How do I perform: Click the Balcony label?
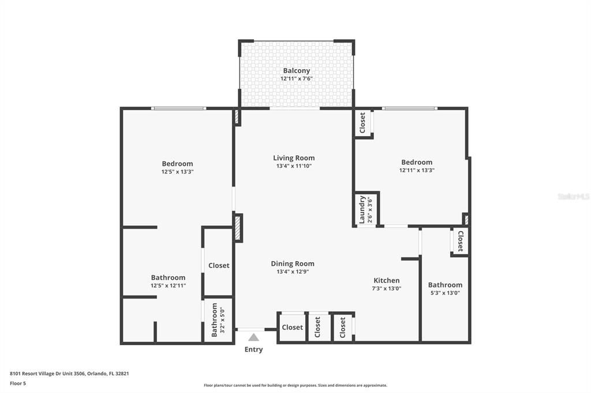[296, 71]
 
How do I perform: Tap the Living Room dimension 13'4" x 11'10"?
[294, 167]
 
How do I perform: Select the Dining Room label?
[293, 264]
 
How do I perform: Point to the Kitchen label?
[386, 281]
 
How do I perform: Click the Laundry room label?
[362, 209]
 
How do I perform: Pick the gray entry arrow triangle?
[253, 337]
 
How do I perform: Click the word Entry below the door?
[253, 349]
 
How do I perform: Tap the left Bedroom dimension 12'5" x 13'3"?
[177, 172]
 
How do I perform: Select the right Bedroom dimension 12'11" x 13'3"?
[417, 171]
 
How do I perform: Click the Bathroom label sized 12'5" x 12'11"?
[168, 278]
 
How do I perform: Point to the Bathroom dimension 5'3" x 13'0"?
[445, 293]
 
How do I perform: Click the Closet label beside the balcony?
[362, 123]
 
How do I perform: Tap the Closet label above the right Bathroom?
[460, 241]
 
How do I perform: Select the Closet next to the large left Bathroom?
[219, 266]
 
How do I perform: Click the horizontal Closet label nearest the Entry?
[292, 327]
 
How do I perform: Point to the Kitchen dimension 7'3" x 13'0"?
[386, 289]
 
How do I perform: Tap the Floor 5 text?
[18, 383]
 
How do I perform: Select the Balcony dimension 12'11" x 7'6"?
[296, 78]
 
